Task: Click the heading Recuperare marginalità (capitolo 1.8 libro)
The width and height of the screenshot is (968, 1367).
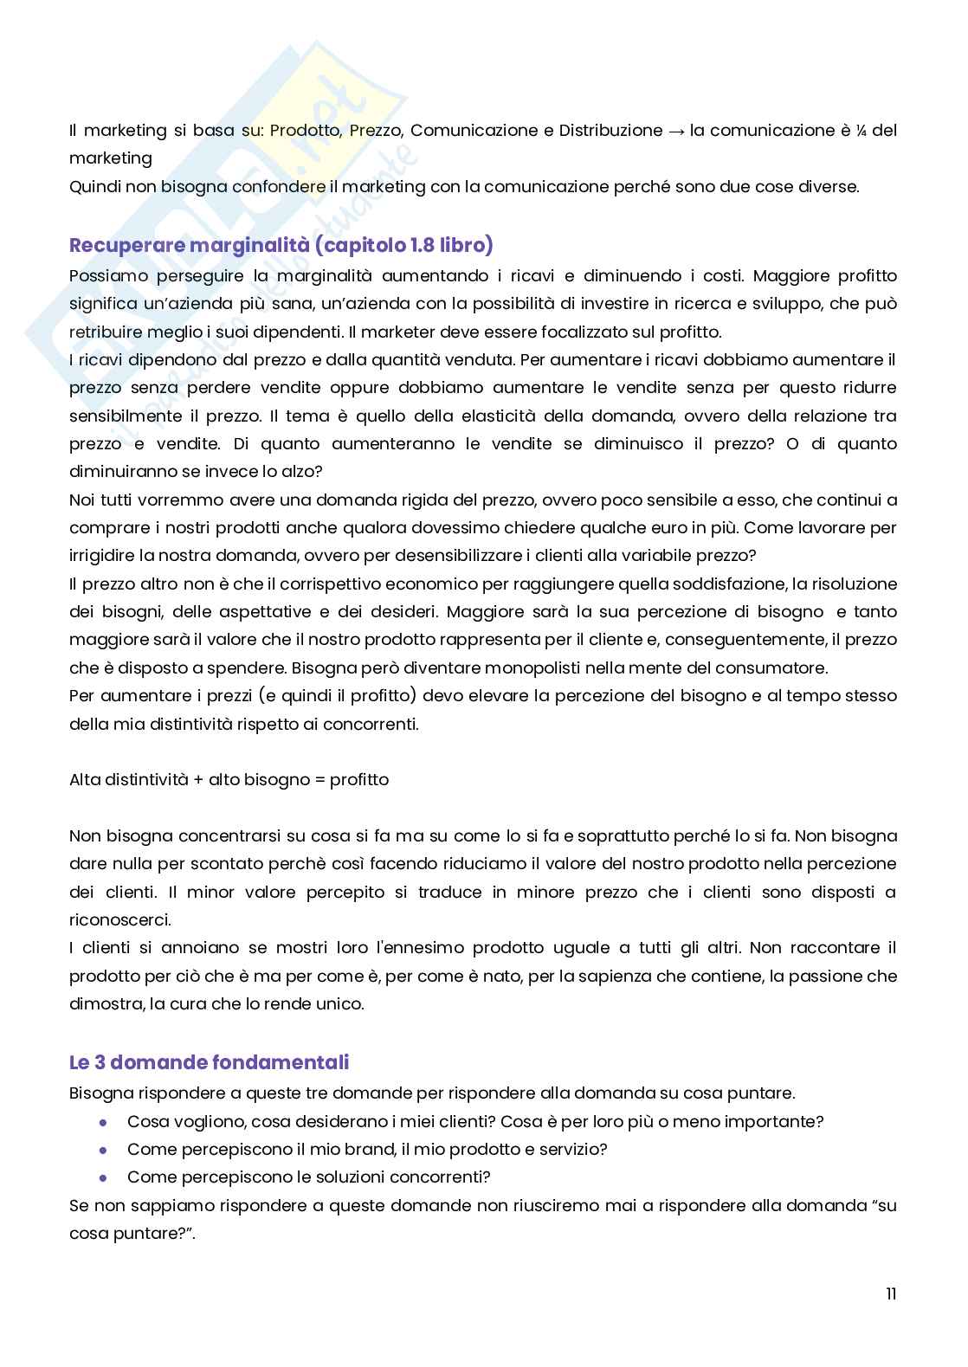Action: [281, 246]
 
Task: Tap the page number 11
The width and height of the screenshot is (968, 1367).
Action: [890, 1294]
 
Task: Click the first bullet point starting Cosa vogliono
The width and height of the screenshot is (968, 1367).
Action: [103, 1122]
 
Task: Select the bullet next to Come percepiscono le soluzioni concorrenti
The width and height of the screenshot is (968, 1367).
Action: [103, 1177]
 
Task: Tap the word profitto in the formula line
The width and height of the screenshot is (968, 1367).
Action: [359, 779]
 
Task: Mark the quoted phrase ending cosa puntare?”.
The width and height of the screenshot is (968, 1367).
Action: [130, 1233]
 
